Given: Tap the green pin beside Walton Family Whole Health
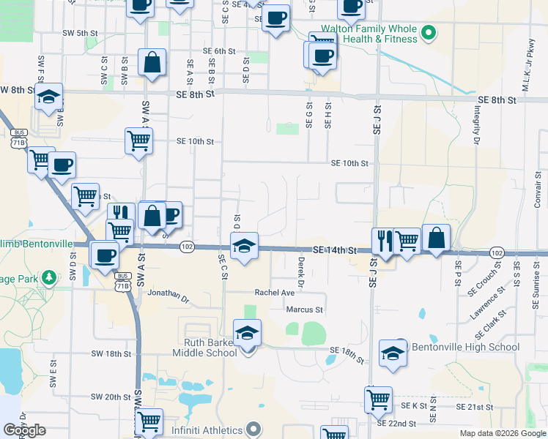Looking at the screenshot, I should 431,33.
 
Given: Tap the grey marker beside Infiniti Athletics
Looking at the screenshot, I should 253,428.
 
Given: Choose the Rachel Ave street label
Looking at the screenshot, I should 274,293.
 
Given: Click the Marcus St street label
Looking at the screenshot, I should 304,310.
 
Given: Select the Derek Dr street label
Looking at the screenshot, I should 301,271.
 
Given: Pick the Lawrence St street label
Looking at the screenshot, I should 488,303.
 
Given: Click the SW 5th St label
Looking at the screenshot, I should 80,33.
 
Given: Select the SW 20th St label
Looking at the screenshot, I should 111,397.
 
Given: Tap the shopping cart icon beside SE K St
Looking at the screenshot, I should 378,399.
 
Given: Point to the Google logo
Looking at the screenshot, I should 24,430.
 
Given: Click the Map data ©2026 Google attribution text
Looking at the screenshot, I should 502,433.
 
